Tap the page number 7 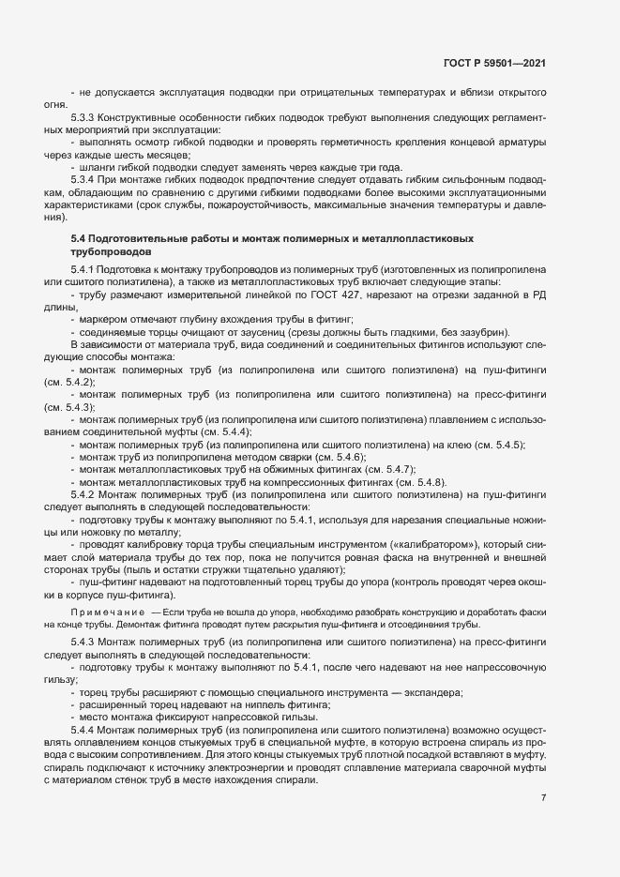click(x=544, y=797)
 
